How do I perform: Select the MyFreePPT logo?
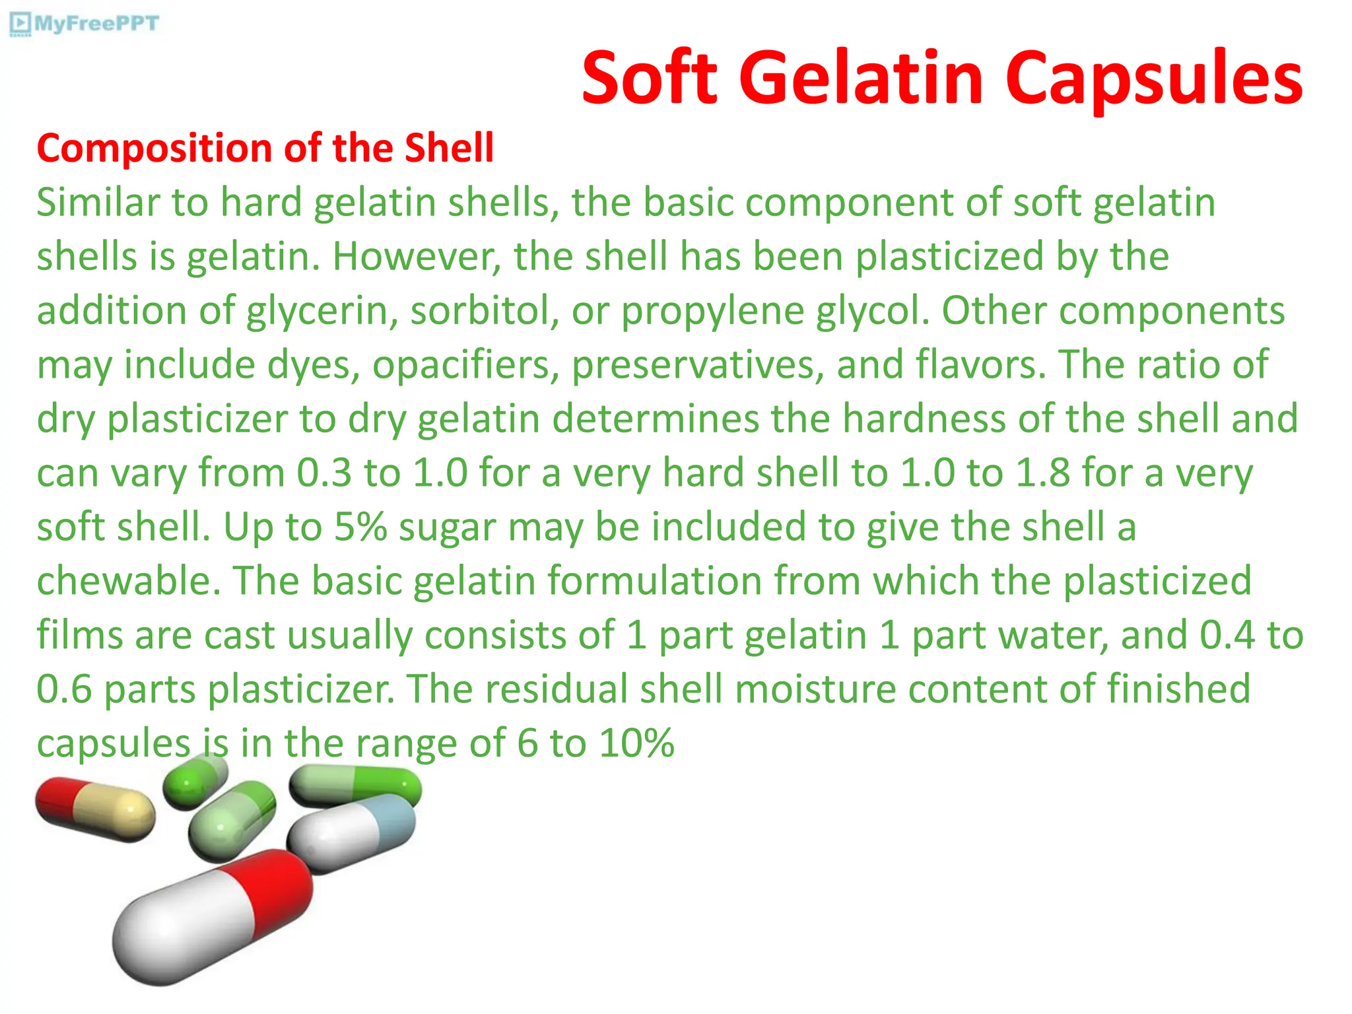[84, 24]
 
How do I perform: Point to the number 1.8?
[1042, 473]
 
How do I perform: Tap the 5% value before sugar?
[360, 527]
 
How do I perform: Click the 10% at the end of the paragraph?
[636, 743]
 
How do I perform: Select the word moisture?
[815, 689]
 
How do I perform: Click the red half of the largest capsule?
[271, 889]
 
